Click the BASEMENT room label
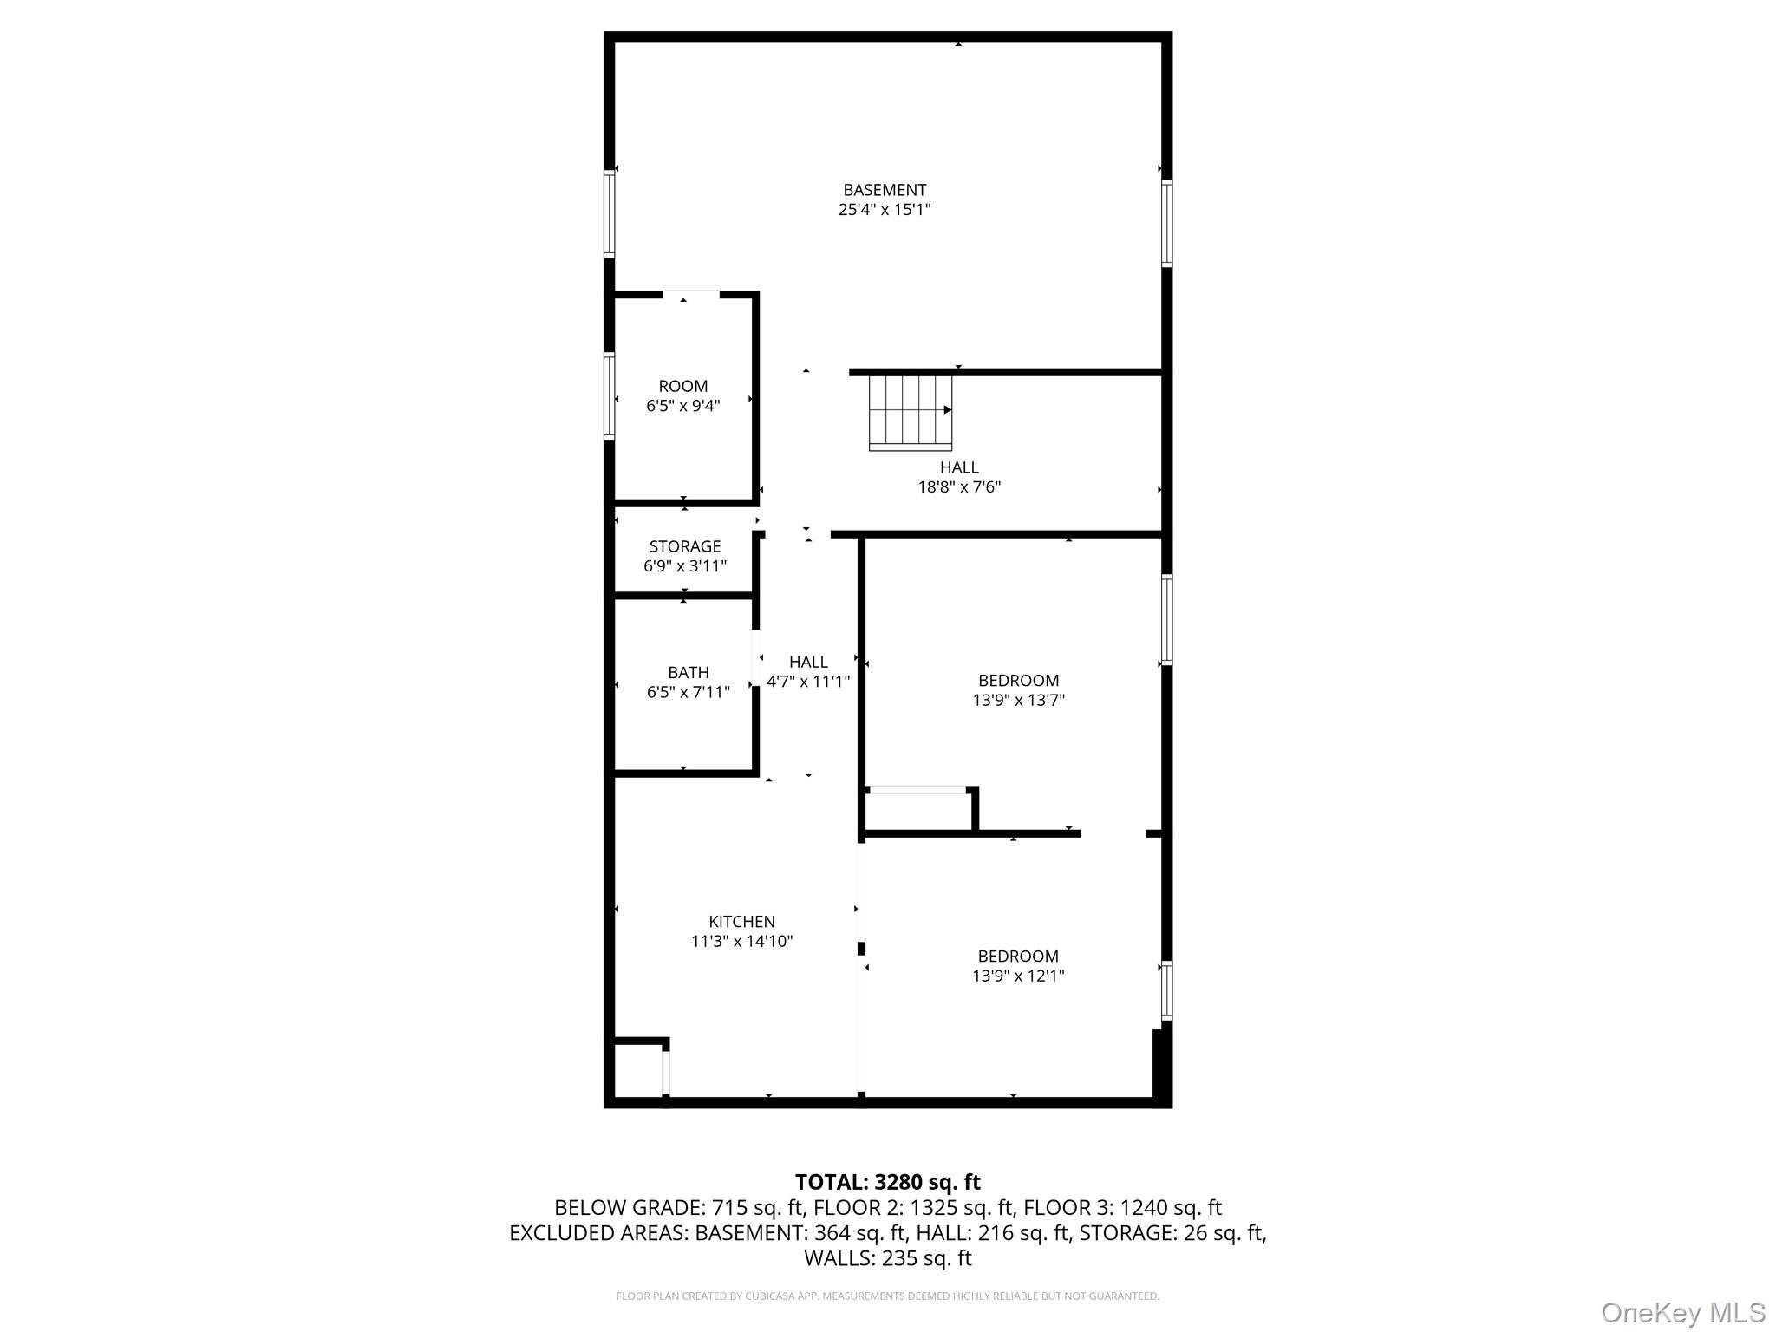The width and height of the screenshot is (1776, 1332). click(885, 190)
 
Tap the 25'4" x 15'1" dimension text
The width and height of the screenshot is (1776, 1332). click(885, 209)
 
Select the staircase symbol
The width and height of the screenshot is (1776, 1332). click(911, 412)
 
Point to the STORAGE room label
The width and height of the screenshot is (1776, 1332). click(685, 546)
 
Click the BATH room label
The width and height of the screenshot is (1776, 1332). click(689, 672)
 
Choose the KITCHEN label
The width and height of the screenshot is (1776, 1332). click(741, 922)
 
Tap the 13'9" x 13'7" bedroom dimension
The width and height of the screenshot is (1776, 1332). click(1018, 700)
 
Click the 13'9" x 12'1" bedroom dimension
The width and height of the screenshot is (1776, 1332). click(1018, 976)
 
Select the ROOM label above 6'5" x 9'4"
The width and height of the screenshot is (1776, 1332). click(683, 386)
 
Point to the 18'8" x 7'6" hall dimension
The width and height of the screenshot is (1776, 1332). click(959, 486)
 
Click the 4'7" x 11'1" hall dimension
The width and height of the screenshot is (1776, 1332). click(808, 682)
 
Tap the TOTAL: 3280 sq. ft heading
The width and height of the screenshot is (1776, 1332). click(888, 1182)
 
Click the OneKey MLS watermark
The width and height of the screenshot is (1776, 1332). click(1683, 1312)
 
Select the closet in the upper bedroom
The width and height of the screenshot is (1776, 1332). click(920, 810)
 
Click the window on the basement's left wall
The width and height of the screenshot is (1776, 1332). click(610, 213)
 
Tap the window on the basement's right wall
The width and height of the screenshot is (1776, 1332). click(1167, 223)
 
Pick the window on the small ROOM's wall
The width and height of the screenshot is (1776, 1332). click(610, 396)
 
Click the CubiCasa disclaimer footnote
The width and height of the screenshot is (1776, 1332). click(888, 1296)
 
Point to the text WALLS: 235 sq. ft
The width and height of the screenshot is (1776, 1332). click(888, 1258)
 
